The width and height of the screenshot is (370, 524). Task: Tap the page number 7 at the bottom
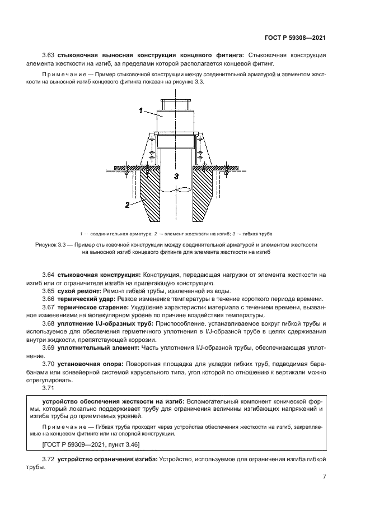[x=324, y=477]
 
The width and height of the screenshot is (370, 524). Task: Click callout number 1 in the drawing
[x=141, y=111]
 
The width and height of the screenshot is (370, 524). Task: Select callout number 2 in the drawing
[x=127, y=205]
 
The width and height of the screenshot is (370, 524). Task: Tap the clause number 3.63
[x=50, y=55]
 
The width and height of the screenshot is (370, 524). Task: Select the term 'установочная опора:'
[x=86, y=365]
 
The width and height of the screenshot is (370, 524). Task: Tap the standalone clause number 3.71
[x=50, y=389]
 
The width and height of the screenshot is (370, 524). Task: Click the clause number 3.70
[x=50, y=365]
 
